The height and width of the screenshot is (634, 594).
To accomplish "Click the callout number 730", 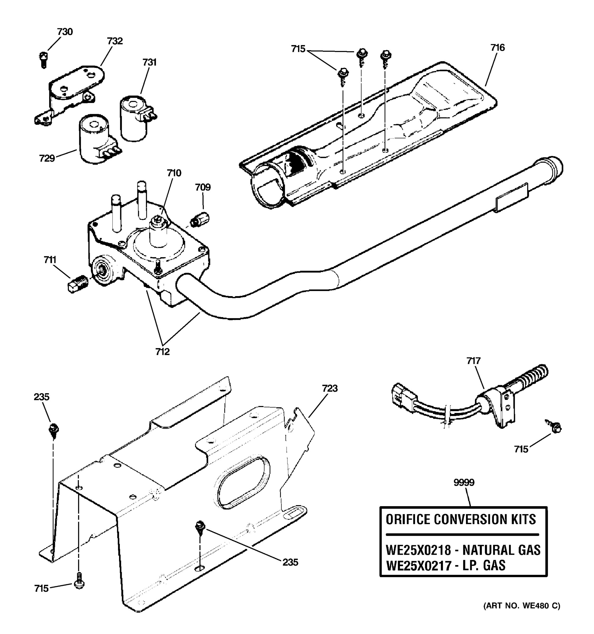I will click(65, 32).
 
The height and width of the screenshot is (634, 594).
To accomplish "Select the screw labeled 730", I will click(44, 60).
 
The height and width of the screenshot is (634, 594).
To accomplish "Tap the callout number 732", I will click(115, 41).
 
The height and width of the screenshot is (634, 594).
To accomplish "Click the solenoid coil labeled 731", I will click(134, 118).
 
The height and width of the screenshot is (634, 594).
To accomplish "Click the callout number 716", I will click(497, 48).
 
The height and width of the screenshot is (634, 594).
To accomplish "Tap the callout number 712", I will click(163, 352).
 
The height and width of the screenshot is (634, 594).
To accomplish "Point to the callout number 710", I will click(174, 173).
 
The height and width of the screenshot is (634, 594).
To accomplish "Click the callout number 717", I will click(473, 361).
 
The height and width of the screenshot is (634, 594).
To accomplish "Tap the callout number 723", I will click(329, 388).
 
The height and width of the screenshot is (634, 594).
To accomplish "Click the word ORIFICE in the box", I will click(408, 520).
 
